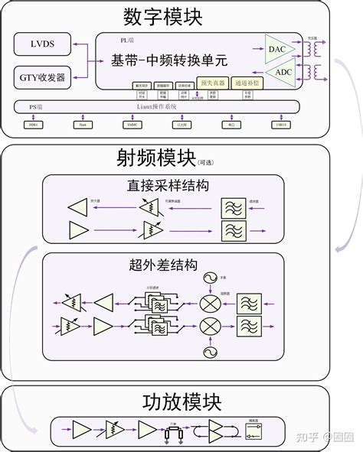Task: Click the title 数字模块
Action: pos(165,16)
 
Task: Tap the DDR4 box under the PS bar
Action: pos(33,124)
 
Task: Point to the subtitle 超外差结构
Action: pos(164,265)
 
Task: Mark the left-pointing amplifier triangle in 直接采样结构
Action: pos(78,207)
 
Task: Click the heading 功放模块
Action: pos(181,402)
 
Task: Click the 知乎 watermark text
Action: pos(307,437)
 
